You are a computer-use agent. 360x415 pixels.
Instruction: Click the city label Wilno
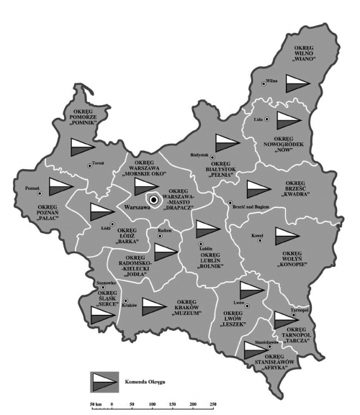[272, 81]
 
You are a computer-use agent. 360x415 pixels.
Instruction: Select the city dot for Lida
[268, 118]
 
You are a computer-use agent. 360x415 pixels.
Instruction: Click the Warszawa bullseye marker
[153, 200]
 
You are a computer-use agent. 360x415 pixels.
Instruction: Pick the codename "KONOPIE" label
[294, 265]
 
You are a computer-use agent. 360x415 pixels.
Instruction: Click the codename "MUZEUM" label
[186, 314]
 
